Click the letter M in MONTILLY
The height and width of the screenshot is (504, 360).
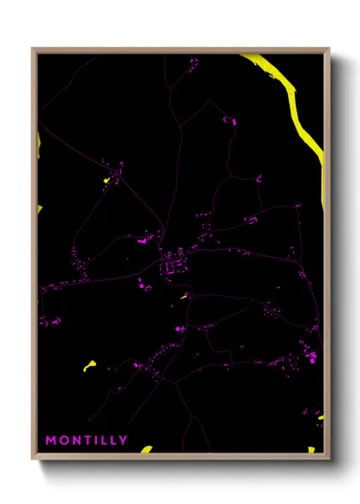click(51, 441)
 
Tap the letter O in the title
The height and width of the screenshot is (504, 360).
click(65, 441)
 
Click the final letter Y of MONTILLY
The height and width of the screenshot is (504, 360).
click(125, 441)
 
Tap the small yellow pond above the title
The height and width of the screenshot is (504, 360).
click(89, 365)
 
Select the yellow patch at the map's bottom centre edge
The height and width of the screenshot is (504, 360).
click(147, 449)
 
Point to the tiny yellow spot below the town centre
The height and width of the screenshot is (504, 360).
click(183, 297)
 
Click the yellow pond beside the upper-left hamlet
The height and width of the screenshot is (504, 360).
click(106, 180)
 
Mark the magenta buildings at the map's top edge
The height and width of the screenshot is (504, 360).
click(193, 62)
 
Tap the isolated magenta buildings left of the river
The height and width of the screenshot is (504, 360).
click(230, 122)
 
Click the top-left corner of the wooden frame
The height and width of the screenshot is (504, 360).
click(33, 49)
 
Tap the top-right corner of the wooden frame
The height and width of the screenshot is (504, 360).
click(328, 49)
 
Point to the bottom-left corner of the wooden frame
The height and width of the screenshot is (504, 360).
click(33, 459)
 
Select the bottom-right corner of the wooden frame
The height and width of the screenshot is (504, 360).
click(328, 459)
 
